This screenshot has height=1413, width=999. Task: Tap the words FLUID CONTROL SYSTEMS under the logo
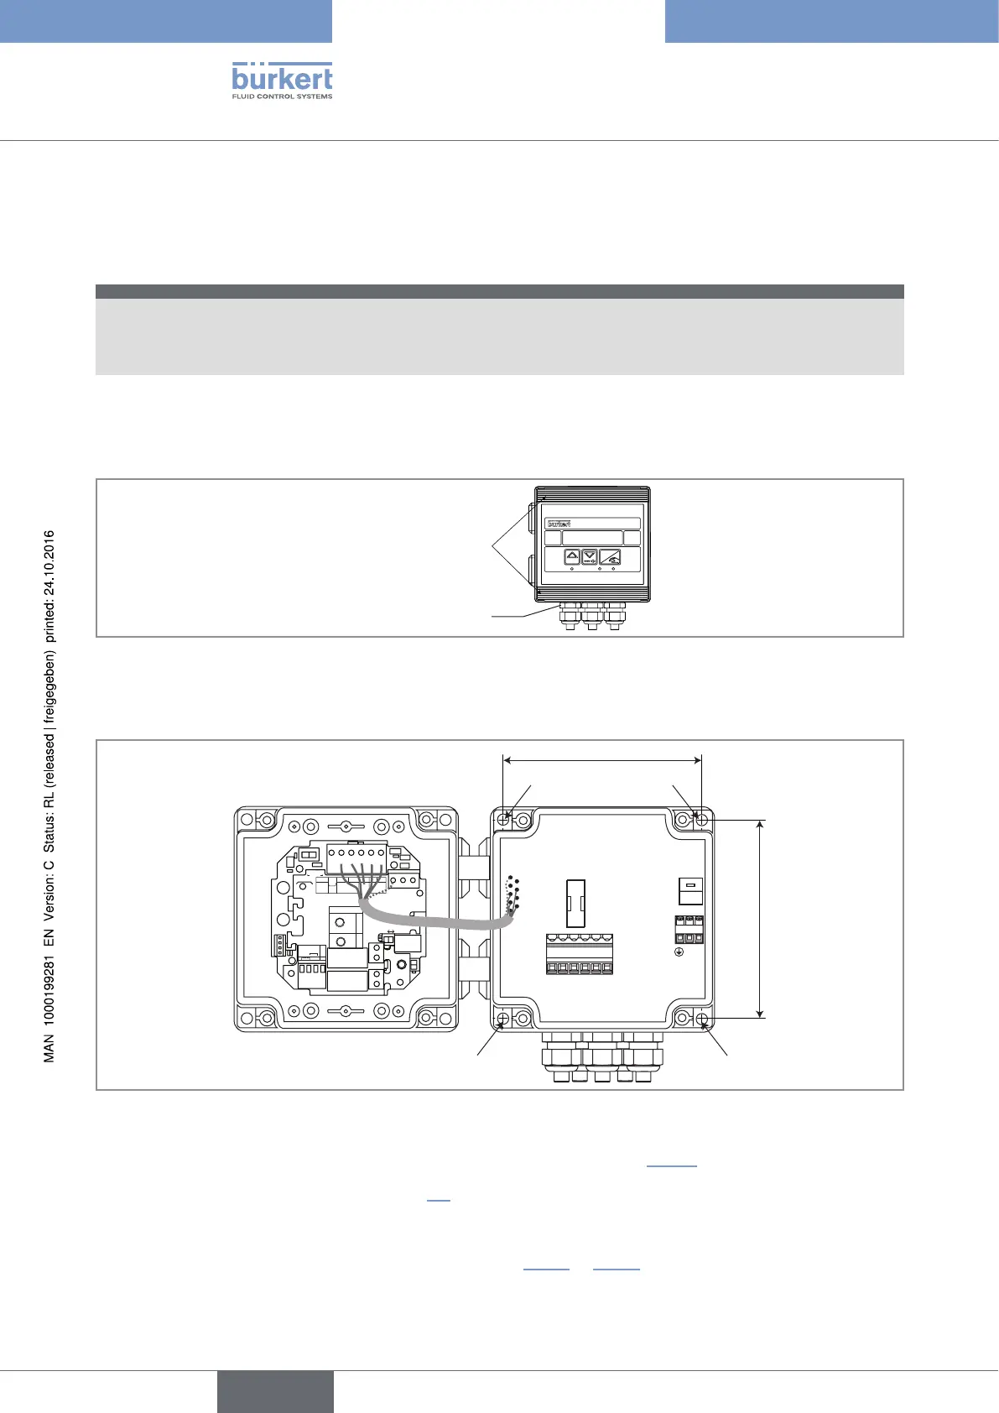(x=282, y=96)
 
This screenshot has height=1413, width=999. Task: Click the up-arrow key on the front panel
(x=572, y=556)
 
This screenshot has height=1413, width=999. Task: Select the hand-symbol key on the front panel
(x=610, y=557)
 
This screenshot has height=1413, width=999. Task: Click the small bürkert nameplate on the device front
(x=559, y=524)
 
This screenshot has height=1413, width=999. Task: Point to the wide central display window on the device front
(x=592, y=538)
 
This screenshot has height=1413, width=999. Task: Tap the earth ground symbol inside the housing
(x=679, y=952)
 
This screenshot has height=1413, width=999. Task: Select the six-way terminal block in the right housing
(x=579, y=954)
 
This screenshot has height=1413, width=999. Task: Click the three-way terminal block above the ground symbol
(x=689, y=930)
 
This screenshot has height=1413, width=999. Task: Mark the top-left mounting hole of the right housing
(x=504, y=820)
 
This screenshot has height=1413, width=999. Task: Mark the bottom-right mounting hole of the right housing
(x=703, y=1019)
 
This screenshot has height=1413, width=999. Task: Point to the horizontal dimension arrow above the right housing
(x=602, y=761)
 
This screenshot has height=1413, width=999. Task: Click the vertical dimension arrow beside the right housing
(x=760, y=919)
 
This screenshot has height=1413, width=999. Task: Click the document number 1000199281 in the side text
(x=49, y=989)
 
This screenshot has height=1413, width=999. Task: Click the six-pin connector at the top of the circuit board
(x=356, y=860)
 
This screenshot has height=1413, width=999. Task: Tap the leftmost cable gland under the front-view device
(x=570, y=616)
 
